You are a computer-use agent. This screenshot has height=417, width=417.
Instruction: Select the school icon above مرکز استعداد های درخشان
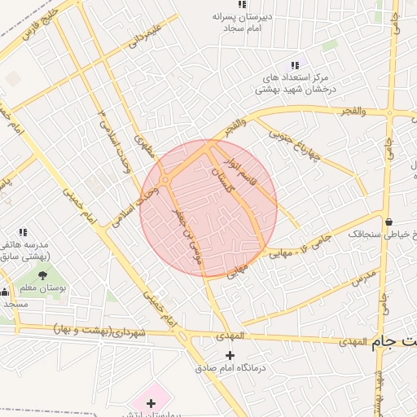pos(295,65)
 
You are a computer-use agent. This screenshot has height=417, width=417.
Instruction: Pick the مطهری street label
pos(144,144)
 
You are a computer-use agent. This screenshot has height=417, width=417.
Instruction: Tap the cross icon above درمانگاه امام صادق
pos(230,355)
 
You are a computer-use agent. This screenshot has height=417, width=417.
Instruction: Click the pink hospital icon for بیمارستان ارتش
pos(151,403)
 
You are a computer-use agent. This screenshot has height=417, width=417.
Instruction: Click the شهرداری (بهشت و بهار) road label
pos(98,331)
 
